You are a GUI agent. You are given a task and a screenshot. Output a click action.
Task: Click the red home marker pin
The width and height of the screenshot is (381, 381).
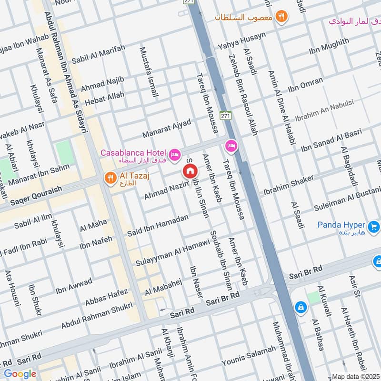pos(190,171)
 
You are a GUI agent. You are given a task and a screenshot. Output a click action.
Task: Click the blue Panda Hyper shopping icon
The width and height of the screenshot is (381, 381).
pos(373,225)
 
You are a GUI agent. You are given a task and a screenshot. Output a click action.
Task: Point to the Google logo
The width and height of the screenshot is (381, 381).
pos(20,374)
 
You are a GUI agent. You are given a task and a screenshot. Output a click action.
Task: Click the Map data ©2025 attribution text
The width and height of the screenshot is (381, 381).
pos(356,376)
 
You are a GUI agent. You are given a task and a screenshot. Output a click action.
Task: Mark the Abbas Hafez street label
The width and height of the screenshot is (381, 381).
pos(106,298)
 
